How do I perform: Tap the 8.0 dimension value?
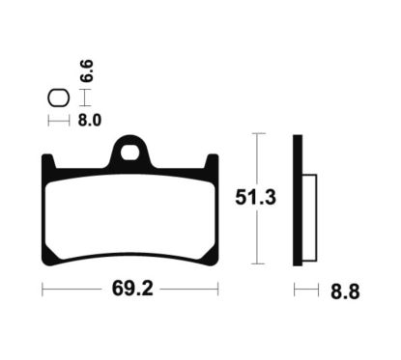pos(91,122)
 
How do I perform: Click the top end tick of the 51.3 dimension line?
pos(256,134)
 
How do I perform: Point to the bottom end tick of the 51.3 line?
pos(256,263)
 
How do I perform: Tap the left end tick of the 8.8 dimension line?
pos(294,290)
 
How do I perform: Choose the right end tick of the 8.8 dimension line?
pos(317,290)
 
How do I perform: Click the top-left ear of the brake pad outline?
pos(49,163)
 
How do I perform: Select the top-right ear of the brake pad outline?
pos(212,163)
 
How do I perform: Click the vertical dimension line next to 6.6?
pos(85,97)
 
